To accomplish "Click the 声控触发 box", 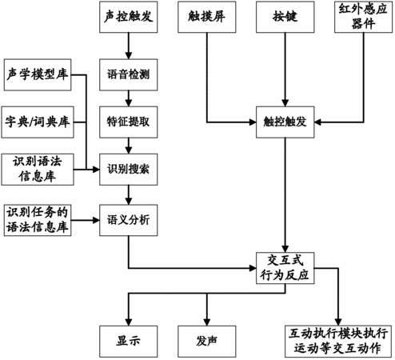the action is click(x=129, y=17).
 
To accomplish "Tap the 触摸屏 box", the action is click(x=207, y=17).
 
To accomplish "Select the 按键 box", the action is click(x=285, y=17).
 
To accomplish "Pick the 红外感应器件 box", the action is click(x=364, y=17).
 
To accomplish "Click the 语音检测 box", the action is click(x=129, y=75).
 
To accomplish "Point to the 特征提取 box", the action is click(x=129, y=122).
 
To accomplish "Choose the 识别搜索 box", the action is click(x=129, y=170).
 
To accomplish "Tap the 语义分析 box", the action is click(x=129, y=220).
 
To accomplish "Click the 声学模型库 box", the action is click(x=38, y=75).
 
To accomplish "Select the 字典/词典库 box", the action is click(x=38, y=122).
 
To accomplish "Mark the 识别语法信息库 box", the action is click(x=38, y=170).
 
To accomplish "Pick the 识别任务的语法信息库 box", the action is click(x=38, y=220).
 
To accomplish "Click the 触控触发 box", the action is click(x=285, y=122).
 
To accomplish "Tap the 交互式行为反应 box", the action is click(x=285, y=268).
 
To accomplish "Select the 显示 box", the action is click(x=129, y=342).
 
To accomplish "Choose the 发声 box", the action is click(x=207, y=342).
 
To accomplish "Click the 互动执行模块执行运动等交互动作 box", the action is click(x=338, y=342).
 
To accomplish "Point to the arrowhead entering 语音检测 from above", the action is click(x=129, y=56).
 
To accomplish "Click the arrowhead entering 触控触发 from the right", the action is click(x=317, y=122).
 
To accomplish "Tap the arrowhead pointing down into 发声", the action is click(x=207, y=322).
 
